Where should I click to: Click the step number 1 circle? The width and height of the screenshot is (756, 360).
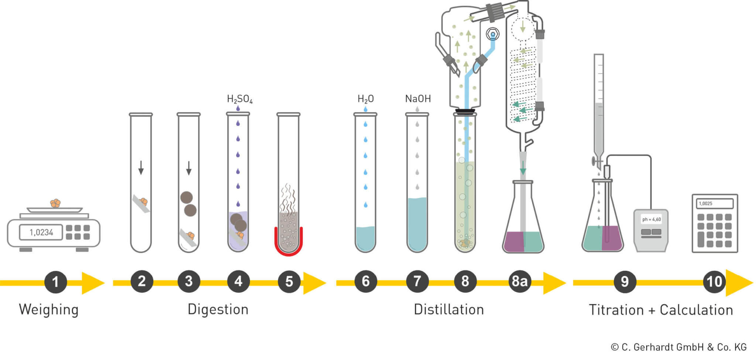pyautogui.click(x=55, y=282)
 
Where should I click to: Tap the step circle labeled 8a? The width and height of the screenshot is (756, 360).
pyautogui.click(x=519, y=281)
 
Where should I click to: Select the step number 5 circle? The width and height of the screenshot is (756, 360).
pyautogui.click(x=289, y=282)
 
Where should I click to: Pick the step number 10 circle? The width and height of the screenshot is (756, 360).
pyautogui.click(x=714, y=282)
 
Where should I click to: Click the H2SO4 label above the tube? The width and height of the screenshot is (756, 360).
pyautogui.click(x=240, y=99)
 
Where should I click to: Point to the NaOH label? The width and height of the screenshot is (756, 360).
pyautogui.click(x=418, y=99)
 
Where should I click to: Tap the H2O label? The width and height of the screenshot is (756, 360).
pyautogui.click(x=365, y=99)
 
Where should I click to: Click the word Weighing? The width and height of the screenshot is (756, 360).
pyautogui.click(x=49, y=310)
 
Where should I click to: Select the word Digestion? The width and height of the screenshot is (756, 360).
pyautogui.click(x=218, y=309)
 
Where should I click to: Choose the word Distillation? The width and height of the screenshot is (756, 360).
pyautogui.click(x=449, y=309)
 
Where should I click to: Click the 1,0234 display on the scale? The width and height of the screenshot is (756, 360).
pyautogui.click(x=41, y=232)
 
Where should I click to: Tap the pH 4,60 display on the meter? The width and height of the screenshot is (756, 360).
pyautogui.click(x=651, y=219)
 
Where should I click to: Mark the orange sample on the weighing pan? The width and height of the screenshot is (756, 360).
pyautogui.click(x=55, y=203)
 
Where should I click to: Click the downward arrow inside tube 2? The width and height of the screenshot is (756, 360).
pyautogui.click(x=141, y=168)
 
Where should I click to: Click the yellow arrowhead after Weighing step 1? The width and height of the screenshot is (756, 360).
pyautogui.click(x=92, y=283)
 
